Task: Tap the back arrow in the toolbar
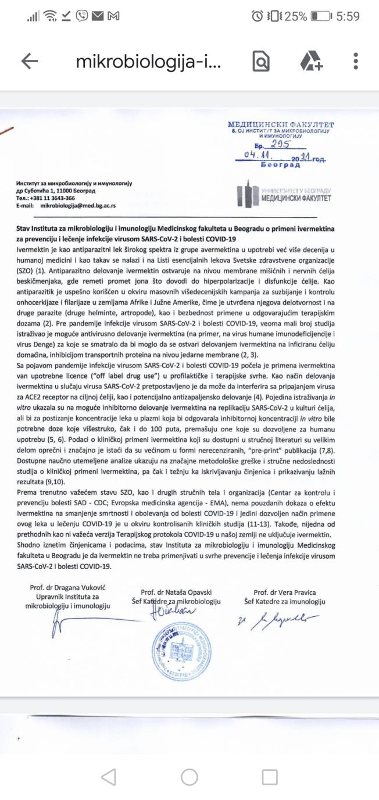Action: [29, 62]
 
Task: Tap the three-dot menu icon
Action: [356, 62]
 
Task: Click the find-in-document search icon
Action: [260, 62]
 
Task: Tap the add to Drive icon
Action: [311, 62]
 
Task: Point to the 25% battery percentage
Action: [295, 17]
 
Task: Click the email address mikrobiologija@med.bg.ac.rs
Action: [77, 206]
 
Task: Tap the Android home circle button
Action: [189, 777]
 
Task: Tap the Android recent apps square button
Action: [270, 777]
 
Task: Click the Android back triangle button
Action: [109, 777]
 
